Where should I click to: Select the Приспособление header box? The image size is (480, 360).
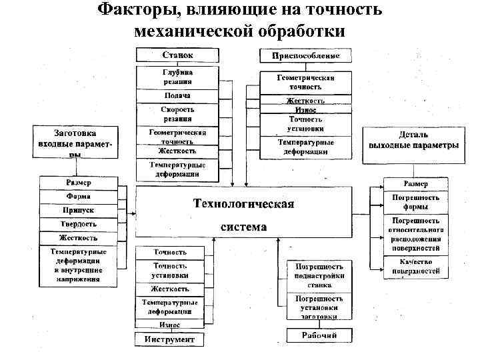click(306, 56)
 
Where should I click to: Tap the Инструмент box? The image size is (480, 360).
click(169, 340)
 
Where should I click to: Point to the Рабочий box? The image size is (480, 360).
click(319, 335)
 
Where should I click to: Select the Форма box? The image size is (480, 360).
click(79, 197)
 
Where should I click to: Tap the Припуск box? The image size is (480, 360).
click(79, 210)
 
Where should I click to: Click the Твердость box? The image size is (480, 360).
click(79, 224)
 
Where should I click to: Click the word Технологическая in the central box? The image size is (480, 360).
click(243, 203)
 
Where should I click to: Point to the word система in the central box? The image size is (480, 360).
click(243, 227)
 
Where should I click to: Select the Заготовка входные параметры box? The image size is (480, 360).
click(79, 142)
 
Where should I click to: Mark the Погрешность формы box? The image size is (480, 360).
click(415, 202)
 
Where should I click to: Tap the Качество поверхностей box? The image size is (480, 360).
click(415, 267)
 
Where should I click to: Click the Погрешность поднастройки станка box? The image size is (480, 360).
click(319, 275)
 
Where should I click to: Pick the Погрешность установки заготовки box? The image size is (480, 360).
click(319, 307)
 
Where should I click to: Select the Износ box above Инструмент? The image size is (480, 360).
click(169, 325)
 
